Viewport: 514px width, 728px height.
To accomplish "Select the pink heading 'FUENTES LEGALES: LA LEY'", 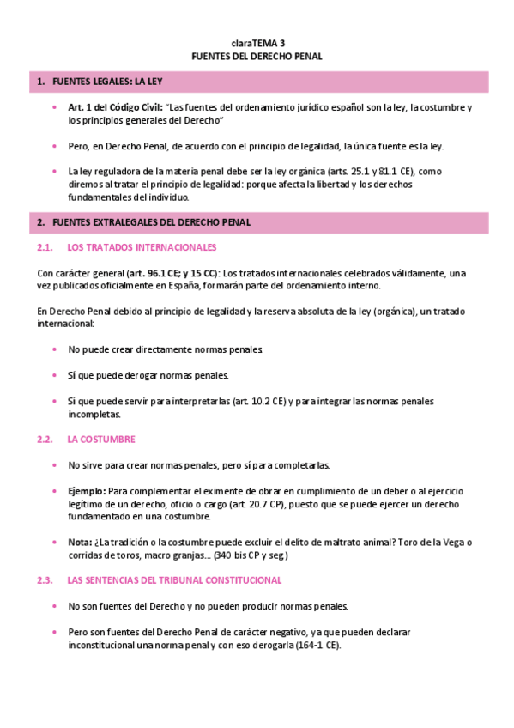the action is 106,82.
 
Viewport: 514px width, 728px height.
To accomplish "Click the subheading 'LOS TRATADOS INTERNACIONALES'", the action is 142,247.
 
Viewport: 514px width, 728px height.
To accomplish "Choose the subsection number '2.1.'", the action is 45,247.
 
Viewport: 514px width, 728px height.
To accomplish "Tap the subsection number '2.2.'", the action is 45,439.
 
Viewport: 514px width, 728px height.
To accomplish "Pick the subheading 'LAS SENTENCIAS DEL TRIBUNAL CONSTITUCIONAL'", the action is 174,580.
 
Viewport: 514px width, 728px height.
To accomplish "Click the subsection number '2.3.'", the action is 45,580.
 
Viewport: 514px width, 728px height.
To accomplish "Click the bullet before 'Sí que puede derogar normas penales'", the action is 55,375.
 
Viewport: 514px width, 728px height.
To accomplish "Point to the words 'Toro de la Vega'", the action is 429,542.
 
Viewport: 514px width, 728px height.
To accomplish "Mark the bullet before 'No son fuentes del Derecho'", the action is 55,606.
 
